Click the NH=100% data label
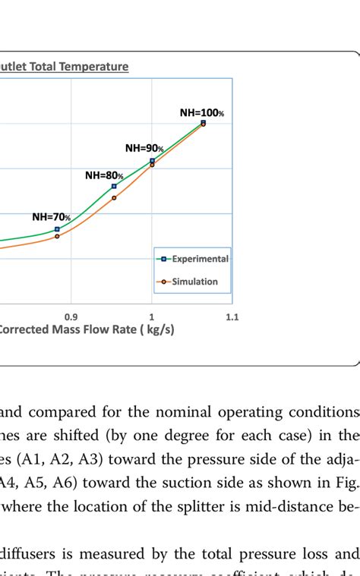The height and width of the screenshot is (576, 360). (202, 112)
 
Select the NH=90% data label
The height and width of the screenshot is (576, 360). (144, 148)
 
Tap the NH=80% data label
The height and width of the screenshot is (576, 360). (104, 175)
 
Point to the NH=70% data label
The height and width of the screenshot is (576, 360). (51, 216)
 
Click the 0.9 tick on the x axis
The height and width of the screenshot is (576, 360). (71, 317)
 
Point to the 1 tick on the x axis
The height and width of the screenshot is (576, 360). (152, 317)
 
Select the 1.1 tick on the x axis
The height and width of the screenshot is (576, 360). (232, 317)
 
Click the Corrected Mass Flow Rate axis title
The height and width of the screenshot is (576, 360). (84, 331)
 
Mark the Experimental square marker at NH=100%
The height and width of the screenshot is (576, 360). (203, 122)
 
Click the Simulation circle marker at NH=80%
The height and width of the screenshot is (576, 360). (114, 198)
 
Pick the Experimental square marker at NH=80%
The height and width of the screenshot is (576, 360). (114, 186)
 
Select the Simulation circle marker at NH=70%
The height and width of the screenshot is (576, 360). (57, 236)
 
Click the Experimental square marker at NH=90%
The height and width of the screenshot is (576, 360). (153, 161)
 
